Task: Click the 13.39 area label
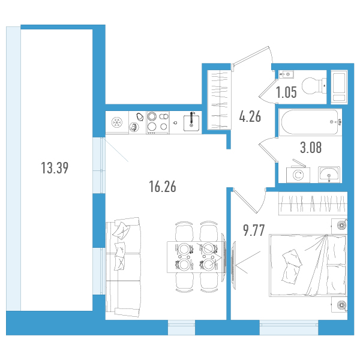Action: click(55, 168)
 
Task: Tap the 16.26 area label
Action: click(163, 186)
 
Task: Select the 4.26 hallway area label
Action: click(250, 116)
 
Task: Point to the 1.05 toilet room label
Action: click(286, 92)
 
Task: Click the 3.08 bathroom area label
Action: click(311, 147)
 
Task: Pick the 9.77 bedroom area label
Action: click(254, 230)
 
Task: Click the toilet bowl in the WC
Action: click(314, 86)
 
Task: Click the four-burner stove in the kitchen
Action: click(158, 122)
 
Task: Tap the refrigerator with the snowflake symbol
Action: click(117, 122)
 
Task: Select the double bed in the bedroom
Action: click(308, 265)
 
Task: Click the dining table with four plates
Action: click(196, 257)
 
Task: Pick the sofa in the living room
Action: click(123, 268)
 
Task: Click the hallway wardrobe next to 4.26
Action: click(219, 100)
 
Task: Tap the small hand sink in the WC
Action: click(286, 74)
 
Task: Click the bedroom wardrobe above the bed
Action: click(313, 203)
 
